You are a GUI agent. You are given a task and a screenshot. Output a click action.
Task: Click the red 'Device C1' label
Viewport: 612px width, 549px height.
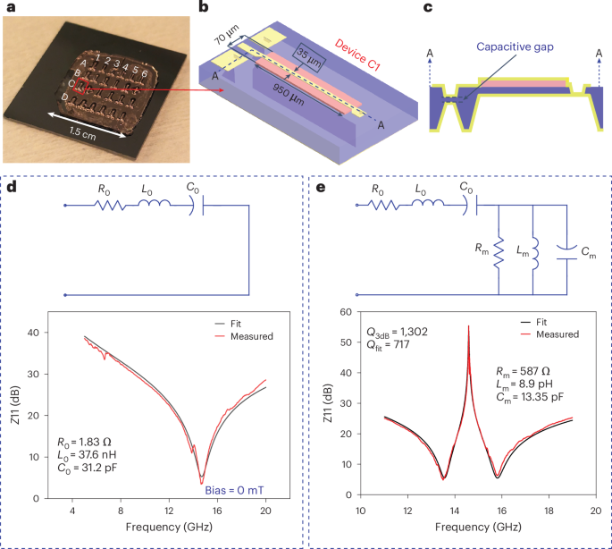pyautogui.click(x=356, y=42)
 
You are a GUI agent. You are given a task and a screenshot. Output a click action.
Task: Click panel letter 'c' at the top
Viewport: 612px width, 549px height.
pyautogui.click(x=428, y=10)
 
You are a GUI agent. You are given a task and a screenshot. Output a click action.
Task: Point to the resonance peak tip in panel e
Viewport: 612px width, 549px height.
pyautogui.click(x=468, y=326)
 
